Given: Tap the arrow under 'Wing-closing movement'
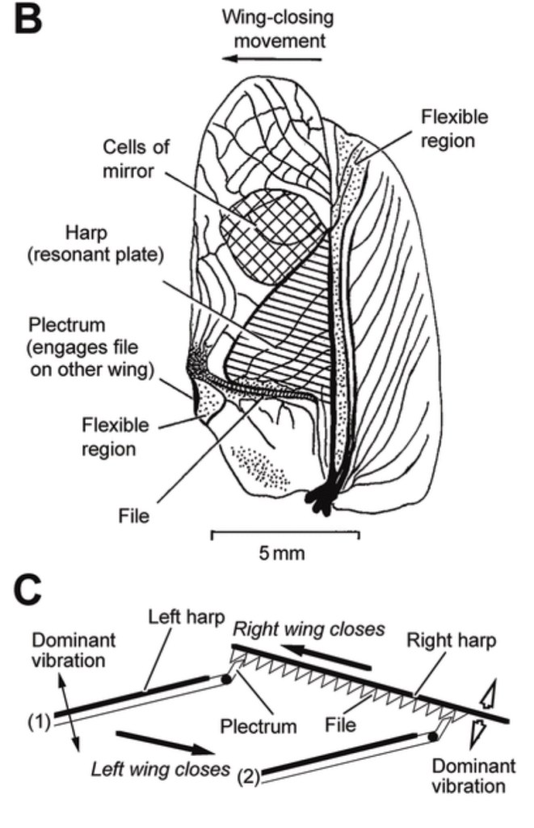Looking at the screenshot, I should click(275, 59).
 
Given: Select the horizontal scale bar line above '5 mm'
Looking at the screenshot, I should click(285, 533).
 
